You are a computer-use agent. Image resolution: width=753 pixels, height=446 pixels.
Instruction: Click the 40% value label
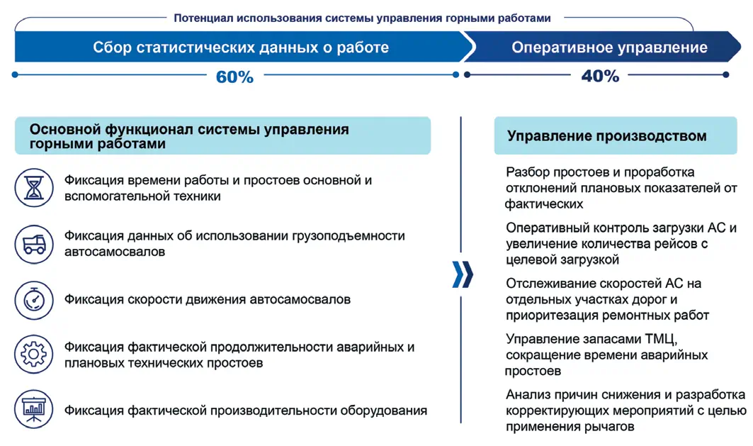point(600,77)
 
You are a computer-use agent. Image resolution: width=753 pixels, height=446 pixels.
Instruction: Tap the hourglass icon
point(34,187)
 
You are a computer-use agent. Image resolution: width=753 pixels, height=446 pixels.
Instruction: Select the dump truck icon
point(34,244)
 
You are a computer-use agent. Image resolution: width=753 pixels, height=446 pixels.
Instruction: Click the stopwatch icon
point(34,299)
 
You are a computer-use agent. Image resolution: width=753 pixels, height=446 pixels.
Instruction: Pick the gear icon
point(34,355)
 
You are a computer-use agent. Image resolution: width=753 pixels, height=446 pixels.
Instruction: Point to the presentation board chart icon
point(34,410)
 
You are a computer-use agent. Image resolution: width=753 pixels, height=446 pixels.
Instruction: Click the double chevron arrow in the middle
point(462,274)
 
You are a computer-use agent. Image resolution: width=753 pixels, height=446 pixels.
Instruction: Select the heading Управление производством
point(606,136)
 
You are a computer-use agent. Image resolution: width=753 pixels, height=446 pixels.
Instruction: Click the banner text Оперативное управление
point(609,48)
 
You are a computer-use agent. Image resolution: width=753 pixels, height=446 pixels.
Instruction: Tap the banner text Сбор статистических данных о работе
point(241,48)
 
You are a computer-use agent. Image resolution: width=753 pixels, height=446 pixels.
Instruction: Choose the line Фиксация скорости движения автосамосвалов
point(207,299)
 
